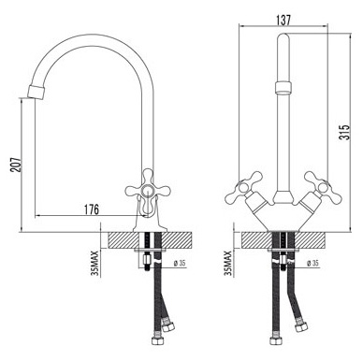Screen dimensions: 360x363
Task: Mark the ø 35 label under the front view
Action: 316,264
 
